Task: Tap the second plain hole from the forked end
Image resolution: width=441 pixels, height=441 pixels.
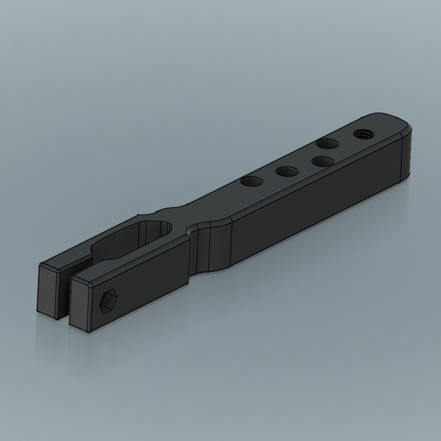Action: click(287, 171)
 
